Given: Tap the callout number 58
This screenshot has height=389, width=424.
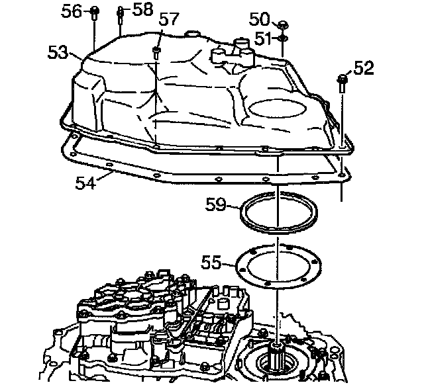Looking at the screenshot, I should tap(142, 10).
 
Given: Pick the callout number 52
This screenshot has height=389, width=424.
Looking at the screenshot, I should tap(364, 67).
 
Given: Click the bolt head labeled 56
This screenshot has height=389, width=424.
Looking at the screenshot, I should tap(95, 11).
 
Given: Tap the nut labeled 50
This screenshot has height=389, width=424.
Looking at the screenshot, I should tap(282, 25).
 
